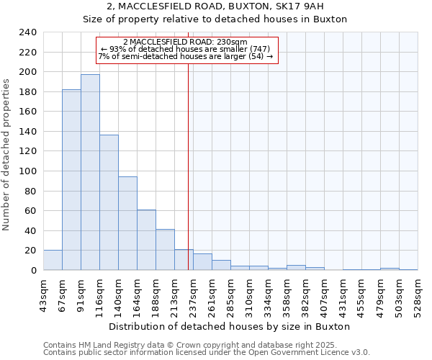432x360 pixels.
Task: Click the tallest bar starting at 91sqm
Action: tap(90, 172)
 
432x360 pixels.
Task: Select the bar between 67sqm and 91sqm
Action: tap(71, 180)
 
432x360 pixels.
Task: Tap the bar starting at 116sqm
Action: tap(109, 202)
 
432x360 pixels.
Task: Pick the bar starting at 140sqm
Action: tap(127, 223)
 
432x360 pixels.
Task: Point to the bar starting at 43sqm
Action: tap(53, 260)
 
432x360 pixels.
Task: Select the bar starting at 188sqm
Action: tap(165, 249)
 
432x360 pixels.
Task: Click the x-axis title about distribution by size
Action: tap(230, 326)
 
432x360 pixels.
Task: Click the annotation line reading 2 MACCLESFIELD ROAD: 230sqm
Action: tap(185, 42)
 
